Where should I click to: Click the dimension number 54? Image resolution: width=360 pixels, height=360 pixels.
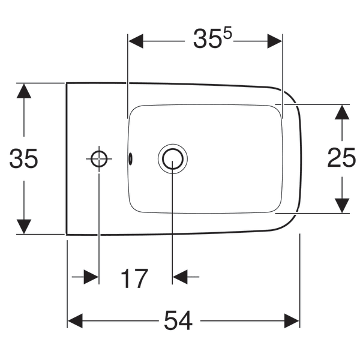click(178, 320)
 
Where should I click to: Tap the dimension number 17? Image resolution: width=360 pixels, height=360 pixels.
click(134, 278)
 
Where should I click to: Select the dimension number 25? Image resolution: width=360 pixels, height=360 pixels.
click(341, 157)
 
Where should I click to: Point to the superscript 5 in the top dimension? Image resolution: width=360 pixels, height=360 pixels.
click(227, 34)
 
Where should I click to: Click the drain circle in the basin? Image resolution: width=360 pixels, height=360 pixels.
click(173, 149)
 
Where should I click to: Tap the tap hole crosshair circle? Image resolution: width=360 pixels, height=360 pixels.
click(99, 151)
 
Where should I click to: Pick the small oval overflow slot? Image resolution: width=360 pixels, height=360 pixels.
click(130, 159)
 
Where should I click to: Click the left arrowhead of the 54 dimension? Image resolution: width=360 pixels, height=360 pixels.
click(75, 321)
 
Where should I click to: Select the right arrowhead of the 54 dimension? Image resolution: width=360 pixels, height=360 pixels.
click(292, 321)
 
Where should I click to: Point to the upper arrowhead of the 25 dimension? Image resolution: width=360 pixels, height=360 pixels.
click(342, 112)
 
